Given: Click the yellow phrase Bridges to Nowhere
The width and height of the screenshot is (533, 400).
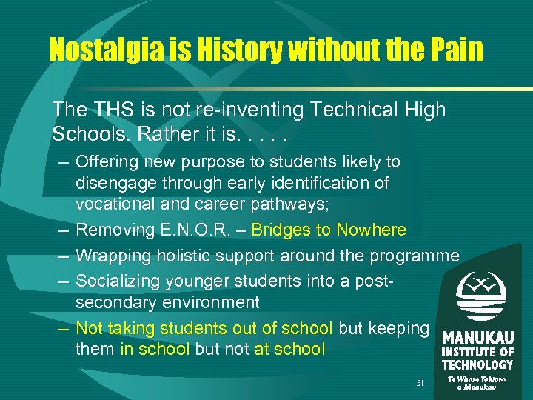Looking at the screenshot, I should pyautogui.click(x=329, y=230).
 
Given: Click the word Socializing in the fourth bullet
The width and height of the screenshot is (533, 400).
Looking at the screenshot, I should pyautogui.click(x=119, y=281).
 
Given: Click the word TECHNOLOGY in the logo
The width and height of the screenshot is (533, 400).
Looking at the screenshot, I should pyautogui.click(x=477, y=364).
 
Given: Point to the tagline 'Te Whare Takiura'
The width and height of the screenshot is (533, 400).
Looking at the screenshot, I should pyautogui.click(x=477, y=379).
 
